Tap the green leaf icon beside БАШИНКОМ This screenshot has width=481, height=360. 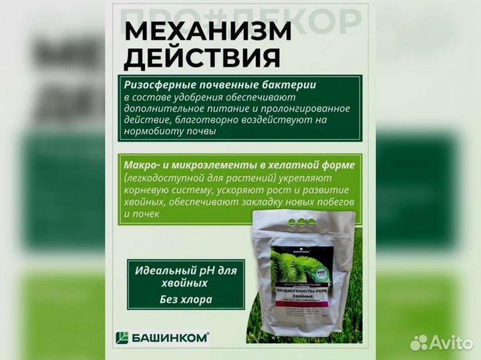tap(122, 337)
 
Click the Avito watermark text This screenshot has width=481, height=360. tap(449, 343)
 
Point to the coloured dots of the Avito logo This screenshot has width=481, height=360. tap(419, 343)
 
